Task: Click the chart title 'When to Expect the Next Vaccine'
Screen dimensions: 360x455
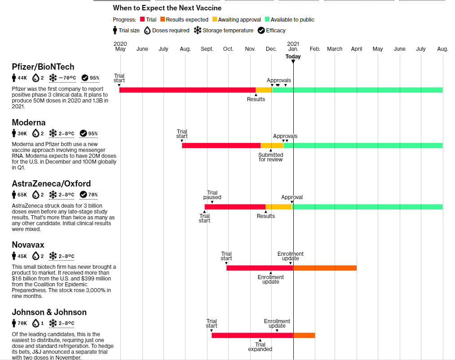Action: click(x=167, y=8)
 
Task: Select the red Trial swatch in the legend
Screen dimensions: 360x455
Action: click(x=142, y=20)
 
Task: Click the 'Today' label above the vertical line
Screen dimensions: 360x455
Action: click(x=293, y=57)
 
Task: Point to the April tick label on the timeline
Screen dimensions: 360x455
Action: click(x=357, y=49)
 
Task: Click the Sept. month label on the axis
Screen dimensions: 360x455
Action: click(x=207, y=49)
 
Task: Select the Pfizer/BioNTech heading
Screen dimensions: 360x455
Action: click(x=43, y=67)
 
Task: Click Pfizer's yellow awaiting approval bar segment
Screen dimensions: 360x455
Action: click(x=264, y=90)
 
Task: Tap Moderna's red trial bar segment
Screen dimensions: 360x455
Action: click(x=221, y=146)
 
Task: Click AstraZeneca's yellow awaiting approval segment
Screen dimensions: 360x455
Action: click(x=278, y=207)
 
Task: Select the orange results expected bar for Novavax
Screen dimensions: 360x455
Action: click(x=325, y=268)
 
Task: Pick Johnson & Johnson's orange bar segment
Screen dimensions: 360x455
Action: click(x=304, y=335)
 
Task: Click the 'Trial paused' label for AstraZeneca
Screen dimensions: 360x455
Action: click(x=212, y=195)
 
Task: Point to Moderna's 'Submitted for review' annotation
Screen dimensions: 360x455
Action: click(x=271, y=157)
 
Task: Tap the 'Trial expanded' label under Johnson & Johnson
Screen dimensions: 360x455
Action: click(x=260, y=347)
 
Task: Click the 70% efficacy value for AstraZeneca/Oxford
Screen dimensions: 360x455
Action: click(x=93, y=195)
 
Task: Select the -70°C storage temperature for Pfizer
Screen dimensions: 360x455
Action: click(x=66, y=78)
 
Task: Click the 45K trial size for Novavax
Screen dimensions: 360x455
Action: click(x=22, y=256)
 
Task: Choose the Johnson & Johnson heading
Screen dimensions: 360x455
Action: click(x=49, y=312)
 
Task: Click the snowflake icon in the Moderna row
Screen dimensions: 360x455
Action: click(x=53, y=133)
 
